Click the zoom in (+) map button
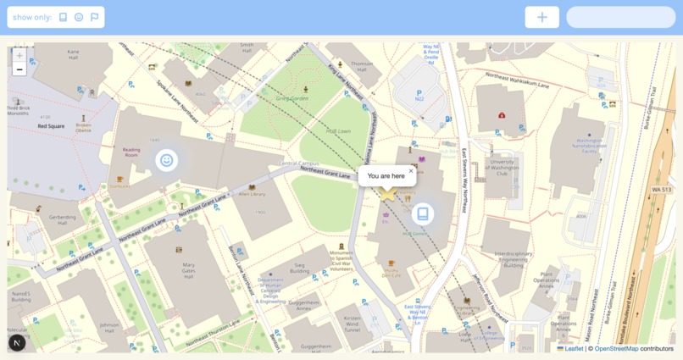coord(19,56)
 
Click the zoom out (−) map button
coord(19,69)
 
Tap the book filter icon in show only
coord(63,17)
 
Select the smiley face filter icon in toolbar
coord(79,17)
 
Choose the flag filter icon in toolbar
coord(94,17)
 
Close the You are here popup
coord(411,170)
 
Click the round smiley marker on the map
coord(167,160)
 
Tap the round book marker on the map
coord(423,214)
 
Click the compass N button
coord(17,342)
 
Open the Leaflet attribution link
coord(574,348)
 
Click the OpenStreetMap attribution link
coord(616,348)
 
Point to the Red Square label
coord(51,126)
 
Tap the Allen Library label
coord(252,194)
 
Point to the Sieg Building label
coord(300,269)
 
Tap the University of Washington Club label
coord(502,167)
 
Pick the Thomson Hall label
coord(362,66)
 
